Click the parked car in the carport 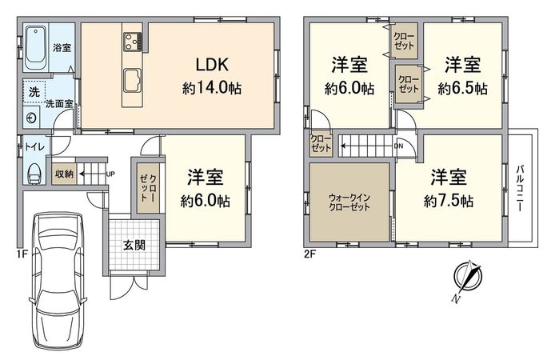click(x=56, y=276)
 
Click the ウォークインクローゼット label click(x=349, y=202)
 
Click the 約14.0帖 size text click(x=212, y=89)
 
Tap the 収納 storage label click(x=65, y=174)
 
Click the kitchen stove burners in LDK click(x=132, y=40)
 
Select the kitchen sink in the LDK click(x=132, y=81)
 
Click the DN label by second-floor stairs click(x=399, y=146)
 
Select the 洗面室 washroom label click(x=58, y=104)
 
